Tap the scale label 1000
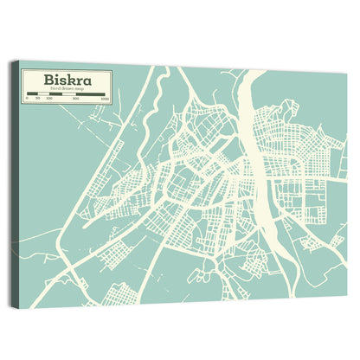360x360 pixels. pos(105,100)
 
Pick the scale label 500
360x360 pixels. pos(76,100)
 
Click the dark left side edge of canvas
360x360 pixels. pos(14,182)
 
